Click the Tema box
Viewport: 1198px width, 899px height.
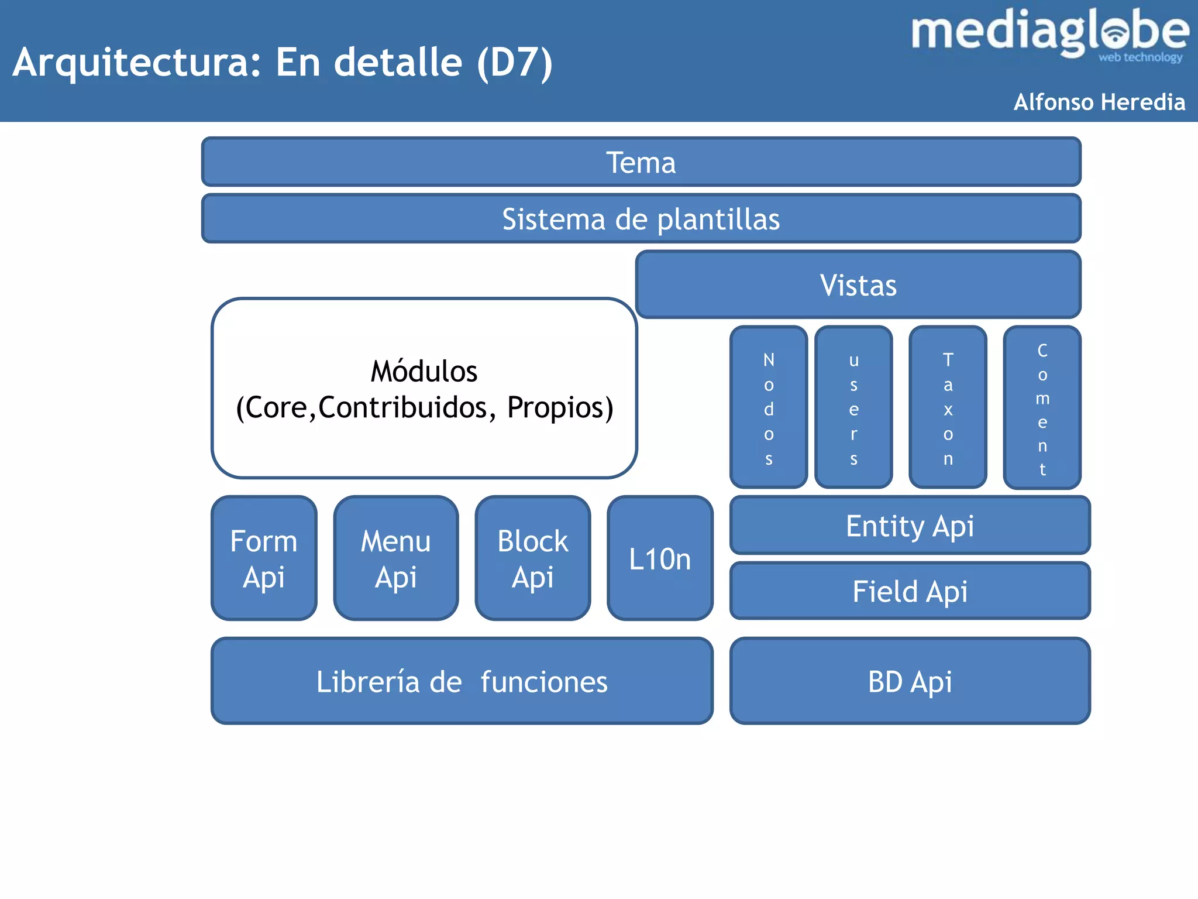click(641, 162)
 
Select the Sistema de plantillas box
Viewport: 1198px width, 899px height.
click(641, 219)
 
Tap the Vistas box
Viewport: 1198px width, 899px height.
click(858, 285)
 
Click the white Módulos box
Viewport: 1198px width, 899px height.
click(424, 389)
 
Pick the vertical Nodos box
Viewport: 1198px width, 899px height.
click(769, 407)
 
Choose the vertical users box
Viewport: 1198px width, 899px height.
click(853, 407)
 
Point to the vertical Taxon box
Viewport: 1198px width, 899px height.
click(948, 407)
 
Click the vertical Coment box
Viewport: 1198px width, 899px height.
click(1042, 407)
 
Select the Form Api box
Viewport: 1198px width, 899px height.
click(264, 558)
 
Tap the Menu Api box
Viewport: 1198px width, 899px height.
click(396, 558)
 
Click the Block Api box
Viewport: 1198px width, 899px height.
click(533, 558)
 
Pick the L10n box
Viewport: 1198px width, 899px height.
click(660, 558)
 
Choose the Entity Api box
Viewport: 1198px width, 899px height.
click(910, 526)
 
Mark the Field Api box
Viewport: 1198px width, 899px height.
click(910, 591)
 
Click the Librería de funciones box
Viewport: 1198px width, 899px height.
click(462, 681)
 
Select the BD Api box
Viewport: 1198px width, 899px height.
click(910, 681)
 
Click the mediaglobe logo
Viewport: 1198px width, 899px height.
click(1049, 34)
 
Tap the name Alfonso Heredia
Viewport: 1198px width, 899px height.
click(1099, 102)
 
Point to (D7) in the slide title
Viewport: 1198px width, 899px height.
click(515, 63)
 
